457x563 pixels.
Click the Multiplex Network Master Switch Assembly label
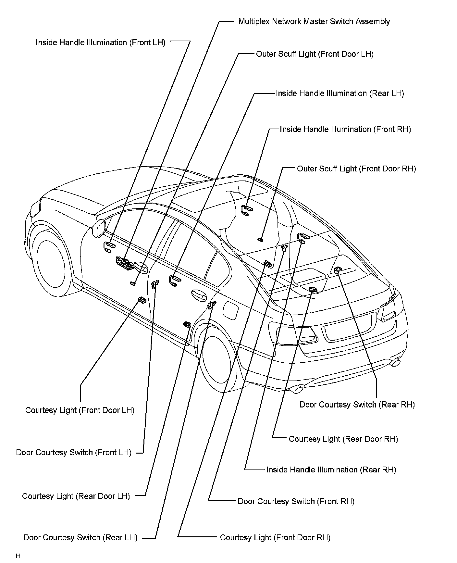point(314,22)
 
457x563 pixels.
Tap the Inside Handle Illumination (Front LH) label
point(100,43)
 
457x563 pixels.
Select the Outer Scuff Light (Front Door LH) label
point(315,54)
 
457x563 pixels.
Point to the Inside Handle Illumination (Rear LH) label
point(340,94)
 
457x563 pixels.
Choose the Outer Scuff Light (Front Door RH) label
point(356,169)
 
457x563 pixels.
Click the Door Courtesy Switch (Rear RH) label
point(357,405)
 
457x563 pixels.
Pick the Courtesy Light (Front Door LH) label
point(80,410)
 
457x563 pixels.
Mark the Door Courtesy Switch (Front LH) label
point(74,453)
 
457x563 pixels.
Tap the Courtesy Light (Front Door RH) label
point(275,537)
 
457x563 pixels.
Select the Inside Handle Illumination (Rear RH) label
point(331,470)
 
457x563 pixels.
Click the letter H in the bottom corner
point(18,556)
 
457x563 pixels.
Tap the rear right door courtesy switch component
point(337,270)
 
